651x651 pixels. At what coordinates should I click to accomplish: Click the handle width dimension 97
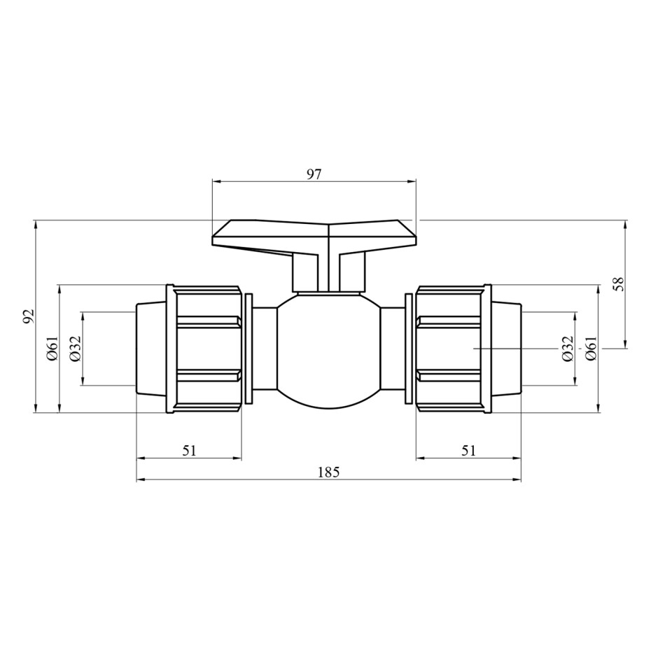314,174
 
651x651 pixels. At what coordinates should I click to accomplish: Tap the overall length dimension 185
329,472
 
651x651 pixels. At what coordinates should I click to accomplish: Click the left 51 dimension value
189,451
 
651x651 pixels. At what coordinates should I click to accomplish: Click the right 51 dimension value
468,451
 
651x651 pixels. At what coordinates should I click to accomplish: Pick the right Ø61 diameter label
591,349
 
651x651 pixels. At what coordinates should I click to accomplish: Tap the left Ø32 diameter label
76,349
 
